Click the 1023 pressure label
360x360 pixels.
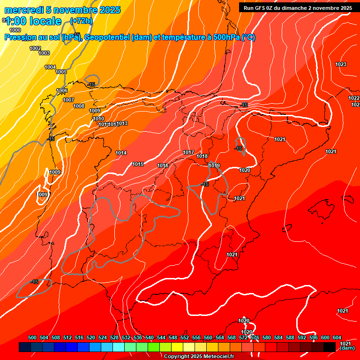341,64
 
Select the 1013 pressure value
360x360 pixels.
122,123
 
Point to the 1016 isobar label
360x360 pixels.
163,165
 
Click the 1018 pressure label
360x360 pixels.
202,156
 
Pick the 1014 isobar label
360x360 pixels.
121,153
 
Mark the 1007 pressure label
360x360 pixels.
68,100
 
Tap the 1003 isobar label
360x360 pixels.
44,53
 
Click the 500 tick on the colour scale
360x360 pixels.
32,337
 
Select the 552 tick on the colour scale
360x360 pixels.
185,337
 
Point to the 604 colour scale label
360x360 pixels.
337,337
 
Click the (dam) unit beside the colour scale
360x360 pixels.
347,348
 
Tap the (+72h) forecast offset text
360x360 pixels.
81,21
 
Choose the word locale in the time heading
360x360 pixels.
45,21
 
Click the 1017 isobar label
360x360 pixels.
188,152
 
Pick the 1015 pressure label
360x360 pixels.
138,164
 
